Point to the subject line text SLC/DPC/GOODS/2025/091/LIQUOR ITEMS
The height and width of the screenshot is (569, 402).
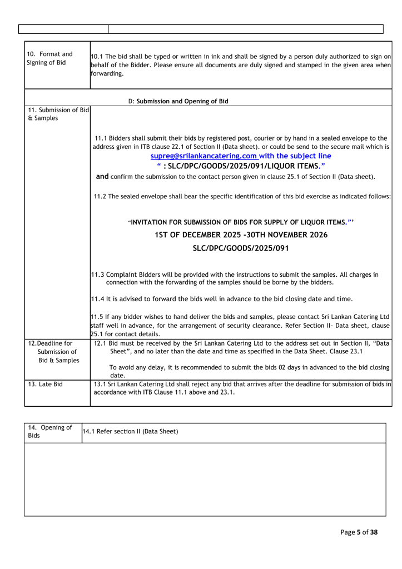tap(242, 165)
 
